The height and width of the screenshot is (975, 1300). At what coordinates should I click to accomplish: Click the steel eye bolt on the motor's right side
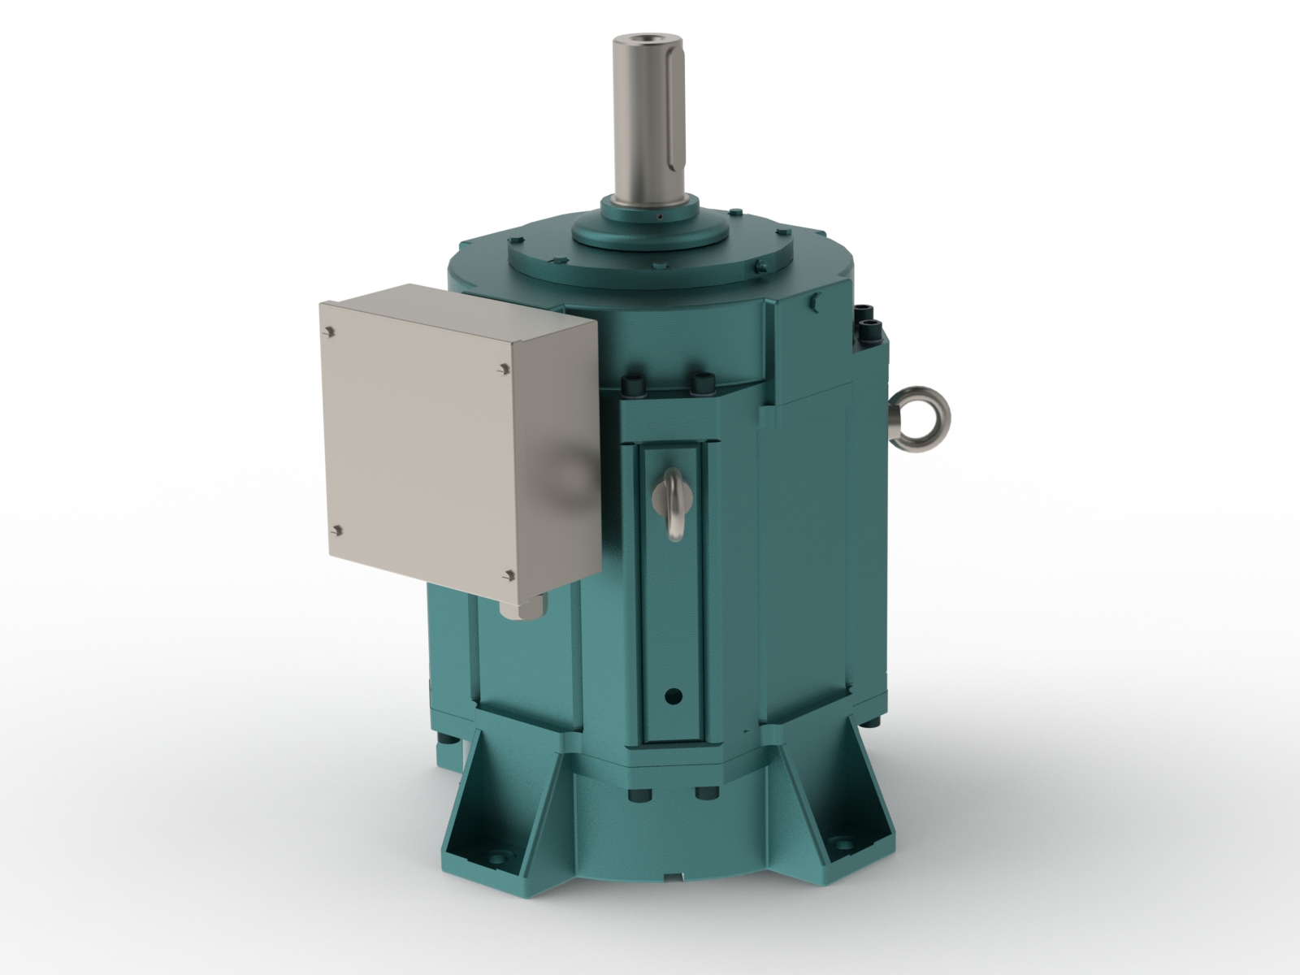(924, 414)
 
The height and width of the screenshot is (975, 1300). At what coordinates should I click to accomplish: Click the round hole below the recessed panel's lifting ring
(672, 696)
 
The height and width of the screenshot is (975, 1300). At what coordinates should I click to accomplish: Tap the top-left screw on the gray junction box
(330, 331)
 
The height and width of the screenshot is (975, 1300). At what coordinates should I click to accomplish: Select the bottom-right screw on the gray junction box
(508, 575)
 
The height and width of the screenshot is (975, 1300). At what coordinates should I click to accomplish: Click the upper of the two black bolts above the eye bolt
(867, 310)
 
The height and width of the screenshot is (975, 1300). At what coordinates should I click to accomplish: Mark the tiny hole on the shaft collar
(661, 218)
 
